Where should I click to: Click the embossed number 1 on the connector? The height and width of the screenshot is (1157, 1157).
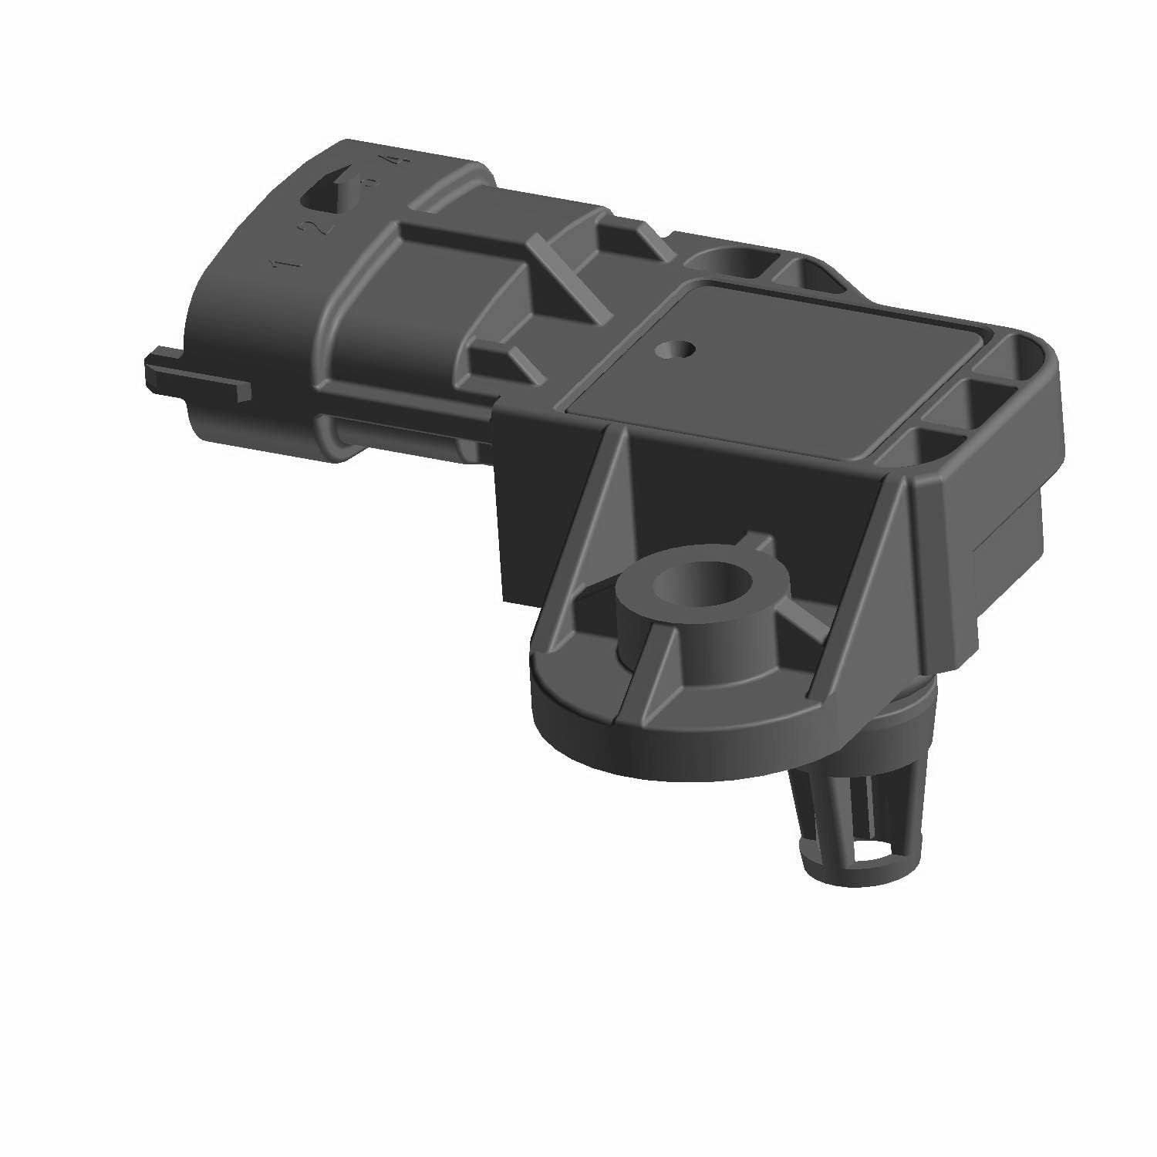tap(285, 262)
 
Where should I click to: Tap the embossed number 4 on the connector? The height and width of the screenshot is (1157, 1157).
tap(395, 160)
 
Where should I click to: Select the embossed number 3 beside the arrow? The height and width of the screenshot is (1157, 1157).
tap(371, 183)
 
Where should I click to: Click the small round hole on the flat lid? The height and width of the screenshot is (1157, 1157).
tap(674, 349)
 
